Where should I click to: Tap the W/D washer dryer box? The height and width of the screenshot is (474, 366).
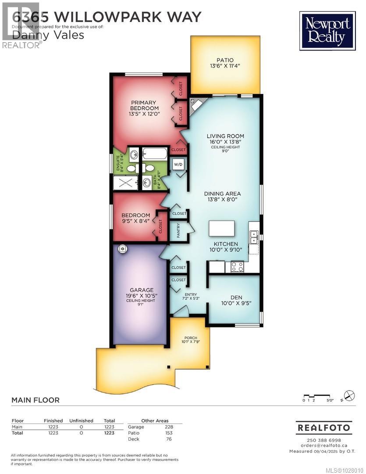[179, 165]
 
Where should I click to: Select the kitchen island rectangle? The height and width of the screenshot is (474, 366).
[221, 229]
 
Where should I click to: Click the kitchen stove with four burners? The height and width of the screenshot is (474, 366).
[237, 266]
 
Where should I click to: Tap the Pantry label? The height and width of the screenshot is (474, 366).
[178, 231]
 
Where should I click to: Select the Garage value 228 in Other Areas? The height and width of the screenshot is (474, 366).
[169, 427]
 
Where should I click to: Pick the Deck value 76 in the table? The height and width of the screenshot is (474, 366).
[169, 439]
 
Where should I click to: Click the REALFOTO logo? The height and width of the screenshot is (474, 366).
[323, 427]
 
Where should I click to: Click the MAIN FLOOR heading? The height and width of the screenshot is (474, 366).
[35, 400]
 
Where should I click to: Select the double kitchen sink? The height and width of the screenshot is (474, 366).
[254, 237]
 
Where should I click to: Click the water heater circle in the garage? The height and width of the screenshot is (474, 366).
[123, 249]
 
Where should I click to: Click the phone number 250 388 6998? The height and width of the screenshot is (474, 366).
[323, 440]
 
